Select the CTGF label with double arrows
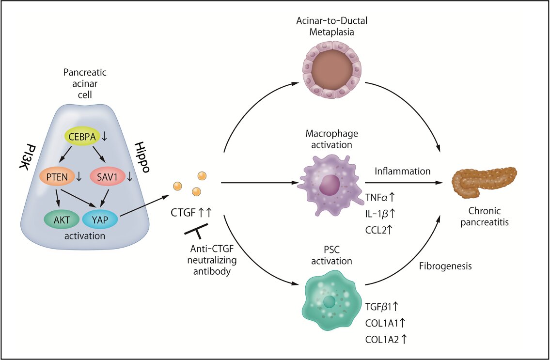tap(190, 211)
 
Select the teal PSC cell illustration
tap(331, 302)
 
